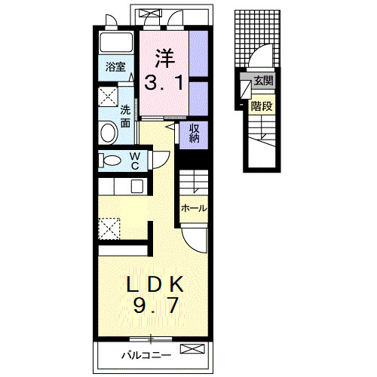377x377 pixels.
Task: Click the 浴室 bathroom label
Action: coord(115,67)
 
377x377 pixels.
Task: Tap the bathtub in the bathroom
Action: coord(116,42)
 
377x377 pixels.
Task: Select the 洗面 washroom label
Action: coord(125,116)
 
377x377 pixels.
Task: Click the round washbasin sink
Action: coord(109,133)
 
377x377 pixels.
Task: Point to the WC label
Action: coord(135,161)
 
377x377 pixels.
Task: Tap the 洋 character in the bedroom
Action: coord(165,58)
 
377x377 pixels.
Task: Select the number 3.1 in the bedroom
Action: coord(164,83)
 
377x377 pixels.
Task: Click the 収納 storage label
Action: coord(194,133)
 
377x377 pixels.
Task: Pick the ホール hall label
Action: coord(194,208)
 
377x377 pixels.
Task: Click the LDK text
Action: coord(155,284)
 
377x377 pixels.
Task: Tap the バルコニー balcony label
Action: coord(146,355)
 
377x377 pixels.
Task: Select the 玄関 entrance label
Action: coord(263,81)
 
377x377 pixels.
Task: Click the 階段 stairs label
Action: coord(262,106)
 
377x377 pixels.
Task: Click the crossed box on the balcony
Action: coord(192,349)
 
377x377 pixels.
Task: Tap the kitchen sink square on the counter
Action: coord(137,186)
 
